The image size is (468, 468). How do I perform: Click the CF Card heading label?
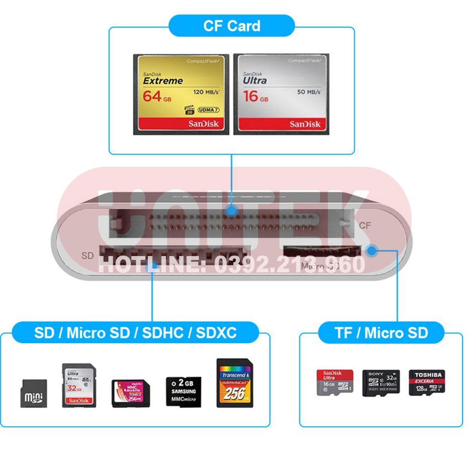232,26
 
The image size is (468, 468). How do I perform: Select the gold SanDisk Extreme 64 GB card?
182,94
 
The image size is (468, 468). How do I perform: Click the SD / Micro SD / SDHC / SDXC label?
135,333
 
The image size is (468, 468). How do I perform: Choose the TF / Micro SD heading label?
382,333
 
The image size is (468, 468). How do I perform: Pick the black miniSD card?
34,393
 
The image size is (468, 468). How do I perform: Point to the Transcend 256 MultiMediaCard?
234,383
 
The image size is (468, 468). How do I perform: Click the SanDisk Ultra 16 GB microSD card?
335,382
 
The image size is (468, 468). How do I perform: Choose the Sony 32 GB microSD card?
381,382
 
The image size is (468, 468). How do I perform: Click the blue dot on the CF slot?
232,210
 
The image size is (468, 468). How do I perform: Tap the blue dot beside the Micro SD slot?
371,249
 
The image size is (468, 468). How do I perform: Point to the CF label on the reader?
364,225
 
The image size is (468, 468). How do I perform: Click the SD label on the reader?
87,256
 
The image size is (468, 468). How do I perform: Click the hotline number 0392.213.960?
290,264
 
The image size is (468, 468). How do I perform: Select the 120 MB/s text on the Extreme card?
206,92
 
